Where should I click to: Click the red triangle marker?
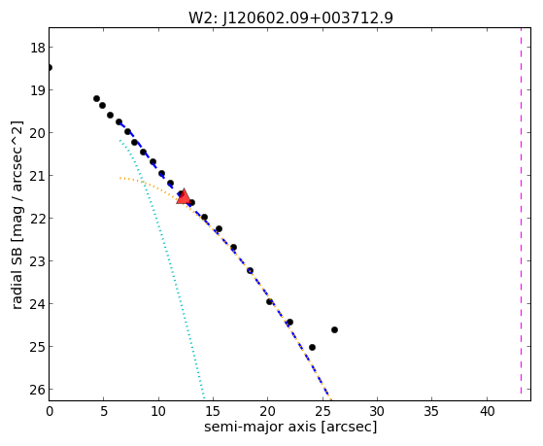(184, 196)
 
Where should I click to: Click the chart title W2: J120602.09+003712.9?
(290, 17)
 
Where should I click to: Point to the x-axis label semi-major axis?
(259, 427)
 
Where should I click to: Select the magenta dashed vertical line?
(521, 211)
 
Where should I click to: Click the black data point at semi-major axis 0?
(50, 67)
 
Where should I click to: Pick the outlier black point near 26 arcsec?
(334, 330)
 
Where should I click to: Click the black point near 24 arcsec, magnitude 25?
(312, 347)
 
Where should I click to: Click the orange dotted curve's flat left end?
(120, 178)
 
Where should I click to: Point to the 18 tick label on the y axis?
(38, 48)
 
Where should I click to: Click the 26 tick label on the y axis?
(38, 390)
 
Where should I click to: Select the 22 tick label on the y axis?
(38, 219)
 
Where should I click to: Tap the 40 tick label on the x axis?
(487, 411)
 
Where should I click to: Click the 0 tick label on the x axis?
(50, 411)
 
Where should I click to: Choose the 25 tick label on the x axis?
(322, 411)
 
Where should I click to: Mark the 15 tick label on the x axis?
(213, 411)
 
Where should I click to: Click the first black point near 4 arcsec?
(96, 99)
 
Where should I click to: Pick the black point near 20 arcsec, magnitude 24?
(269, 302)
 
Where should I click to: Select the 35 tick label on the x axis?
(432, 411)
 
